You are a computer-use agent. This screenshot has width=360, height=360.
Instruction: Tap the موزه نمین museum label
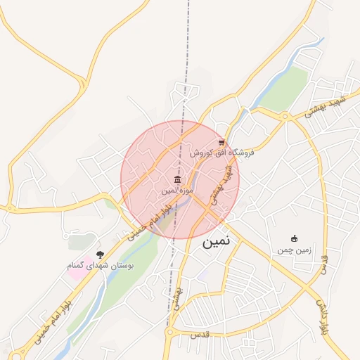click(x=176, y=191)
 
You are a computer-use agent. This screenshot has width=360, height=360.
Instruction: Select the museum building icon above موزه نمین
click(x=176, y=180)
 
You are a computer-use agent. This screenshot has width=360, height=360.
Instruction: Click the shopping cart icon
click(x=221, y=141)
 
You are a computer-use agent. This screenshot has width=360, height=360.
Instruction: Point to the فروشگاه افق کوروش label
click(x=221, y=152)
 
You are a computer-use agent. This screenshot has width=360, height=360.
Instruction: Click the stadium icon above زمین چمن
click(x=294, y=239)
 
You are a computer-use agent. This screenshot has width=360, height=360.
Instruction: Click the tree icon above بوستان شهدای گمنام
click(x=100, y=254)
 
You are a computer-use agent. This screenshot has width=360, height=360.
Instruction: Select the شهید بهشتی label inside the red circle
click(x=222, y=184)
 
